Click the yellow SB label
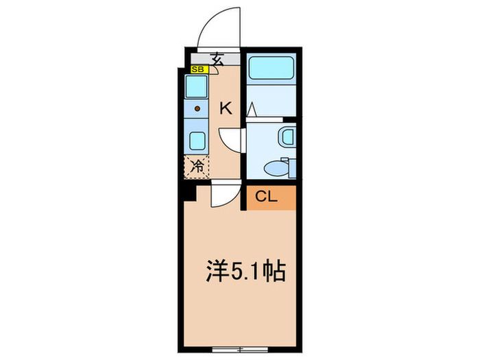pos(197,69)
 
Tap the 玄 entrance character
pos(217,58)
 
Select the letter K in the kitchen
pos(226,108)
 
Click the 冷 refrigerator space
pos(197,165)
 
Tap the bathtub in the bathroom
pos(272,69)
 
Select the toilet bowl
pos(275,166)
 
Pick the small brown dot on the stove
pos(197,108)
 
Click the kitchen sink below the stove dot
pos(197,141)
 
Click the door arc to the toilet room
pos(232,139)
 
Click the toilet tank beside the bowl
pos(289,167)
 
